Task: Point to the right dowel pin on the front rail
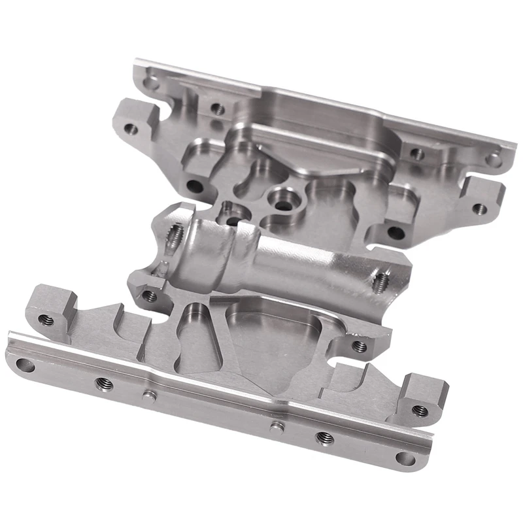(277, 426)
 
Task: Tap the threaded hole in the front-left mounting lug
(45, 320)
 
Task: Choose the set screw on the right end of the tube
(381, 280)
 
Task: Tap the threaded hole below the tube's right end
(359, 345)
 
